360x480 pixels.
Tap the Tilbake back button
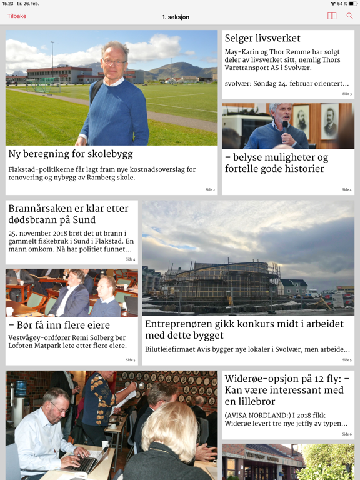coord(17,16)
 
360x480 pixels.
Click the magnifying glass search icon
coord(349,16)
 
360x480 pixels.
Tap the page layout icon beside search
coord(332,16)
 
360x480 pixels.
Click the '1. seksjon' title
coord(176,16)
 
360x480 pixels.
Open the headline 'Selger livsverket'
coord(262,39)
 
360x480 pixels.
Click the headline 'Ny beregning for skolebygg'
coord(71,154)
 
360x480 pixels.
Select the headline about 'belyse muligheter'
coord(276,163)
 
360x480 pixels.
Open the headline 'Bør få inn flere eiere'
coord(59,325)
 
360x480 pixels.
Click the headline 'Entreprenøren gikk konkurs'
coord(244,329)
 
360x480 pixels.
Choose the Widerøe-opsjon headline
coord(287,390)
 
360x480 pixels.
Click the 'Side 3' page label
coord(347,94)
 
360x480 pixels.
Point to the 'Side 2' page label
coord(210,189)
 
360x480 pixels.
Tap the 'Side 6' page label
coord(347,434)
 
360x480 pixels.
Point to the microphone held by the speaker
coord(285,124)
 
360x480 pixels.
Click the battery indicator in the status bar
coord(351,4)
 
